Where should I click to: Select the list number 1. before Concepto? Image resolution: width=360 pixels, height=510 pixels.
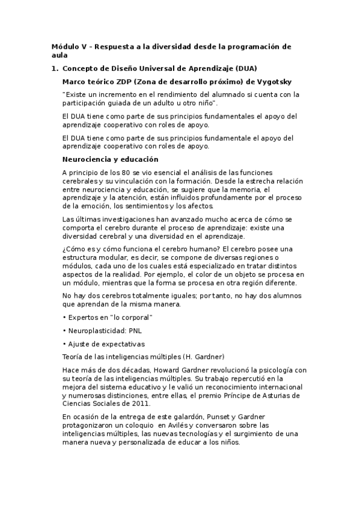[55, 69]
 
